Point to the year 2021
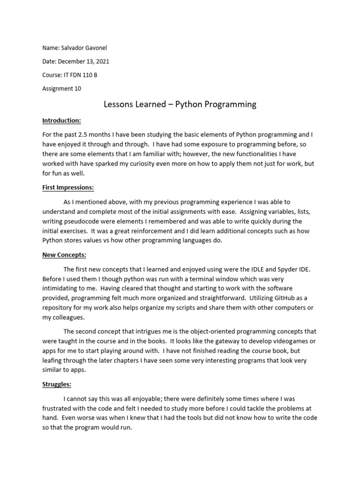coord(103,61)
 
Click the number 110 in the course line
coord(87,75)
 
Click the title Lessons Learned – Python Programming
coord(180,105)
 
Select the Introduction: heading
coord(61,121)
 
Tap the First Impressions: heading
coord(68,187)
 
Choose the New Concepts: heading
coord(64,255)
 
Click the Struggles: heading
coord(57,384)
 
